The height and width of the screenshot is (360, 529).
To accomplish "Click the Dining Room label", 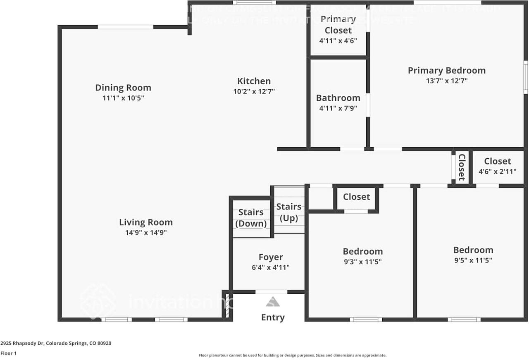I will pyautogui.click(x=123, y=88).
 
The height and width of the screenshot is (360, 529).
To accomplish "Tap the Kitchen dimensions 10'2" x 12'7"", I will pyautogui.click(x=254, y=91).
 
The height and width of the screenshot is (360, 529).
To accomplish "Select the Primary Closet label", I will pyautogui.click(x=338, y=25).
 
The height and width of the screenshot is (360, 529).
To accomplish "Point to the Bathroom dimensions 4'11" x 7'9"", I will pyautogui.click(x=338, y=108).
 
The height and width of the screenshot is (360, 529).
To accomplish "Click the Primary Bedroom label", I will pyautogui.click(x=446, y=70).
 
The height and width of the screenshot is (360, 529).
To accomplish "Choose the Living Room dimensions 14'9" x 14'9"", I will pyautogui.click(x=146, y=232).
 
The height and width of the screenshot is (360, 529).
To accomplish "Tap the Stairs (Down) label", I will pyautogui.click(x=251, y=218).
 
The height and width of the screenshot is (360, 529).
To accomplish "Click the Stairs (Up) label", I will pyautogui.click(x=289, y=212).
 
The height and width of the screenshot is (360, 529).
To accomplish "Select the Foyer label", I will pyautogui.click(x=271, y=257).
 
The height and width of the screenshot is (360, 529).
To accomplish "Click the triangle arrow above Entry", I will pyautogui.click(x=273, y=302).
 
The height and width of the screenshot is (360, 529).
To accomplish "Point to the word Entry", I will pyautogui.click(x=273, y=317).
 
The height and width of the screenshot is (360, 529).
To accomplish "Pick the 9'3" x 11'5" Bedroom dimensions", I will pyautogui.click(x=362, y=262).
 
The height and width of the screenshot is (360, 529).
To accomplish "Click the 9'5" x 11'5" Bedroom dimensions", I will pyautogui.click(x=473, y=260).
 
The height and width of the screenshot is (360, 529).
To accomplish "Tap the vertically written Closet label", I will pyautogui.click(x=462, y=167).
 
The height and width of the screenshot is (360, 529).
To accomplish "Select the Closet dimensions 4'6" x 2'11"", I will pyautogui.click(x=497, y=171).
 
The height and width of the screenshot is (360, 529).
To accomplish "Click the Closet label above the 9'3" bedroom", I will pyautogui.click(x=356, y=197).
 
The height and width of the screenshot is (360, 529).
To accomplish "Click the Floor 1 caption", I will pyautogui.click(x=9, y=353).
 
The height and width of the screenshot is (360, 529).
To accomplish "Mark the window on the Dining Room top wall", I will pyautogui.click(x=125, y=27).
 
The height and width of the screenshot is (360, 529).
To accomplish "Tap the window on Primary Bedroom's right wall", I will pyautogui.click(x=526, y=77).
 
